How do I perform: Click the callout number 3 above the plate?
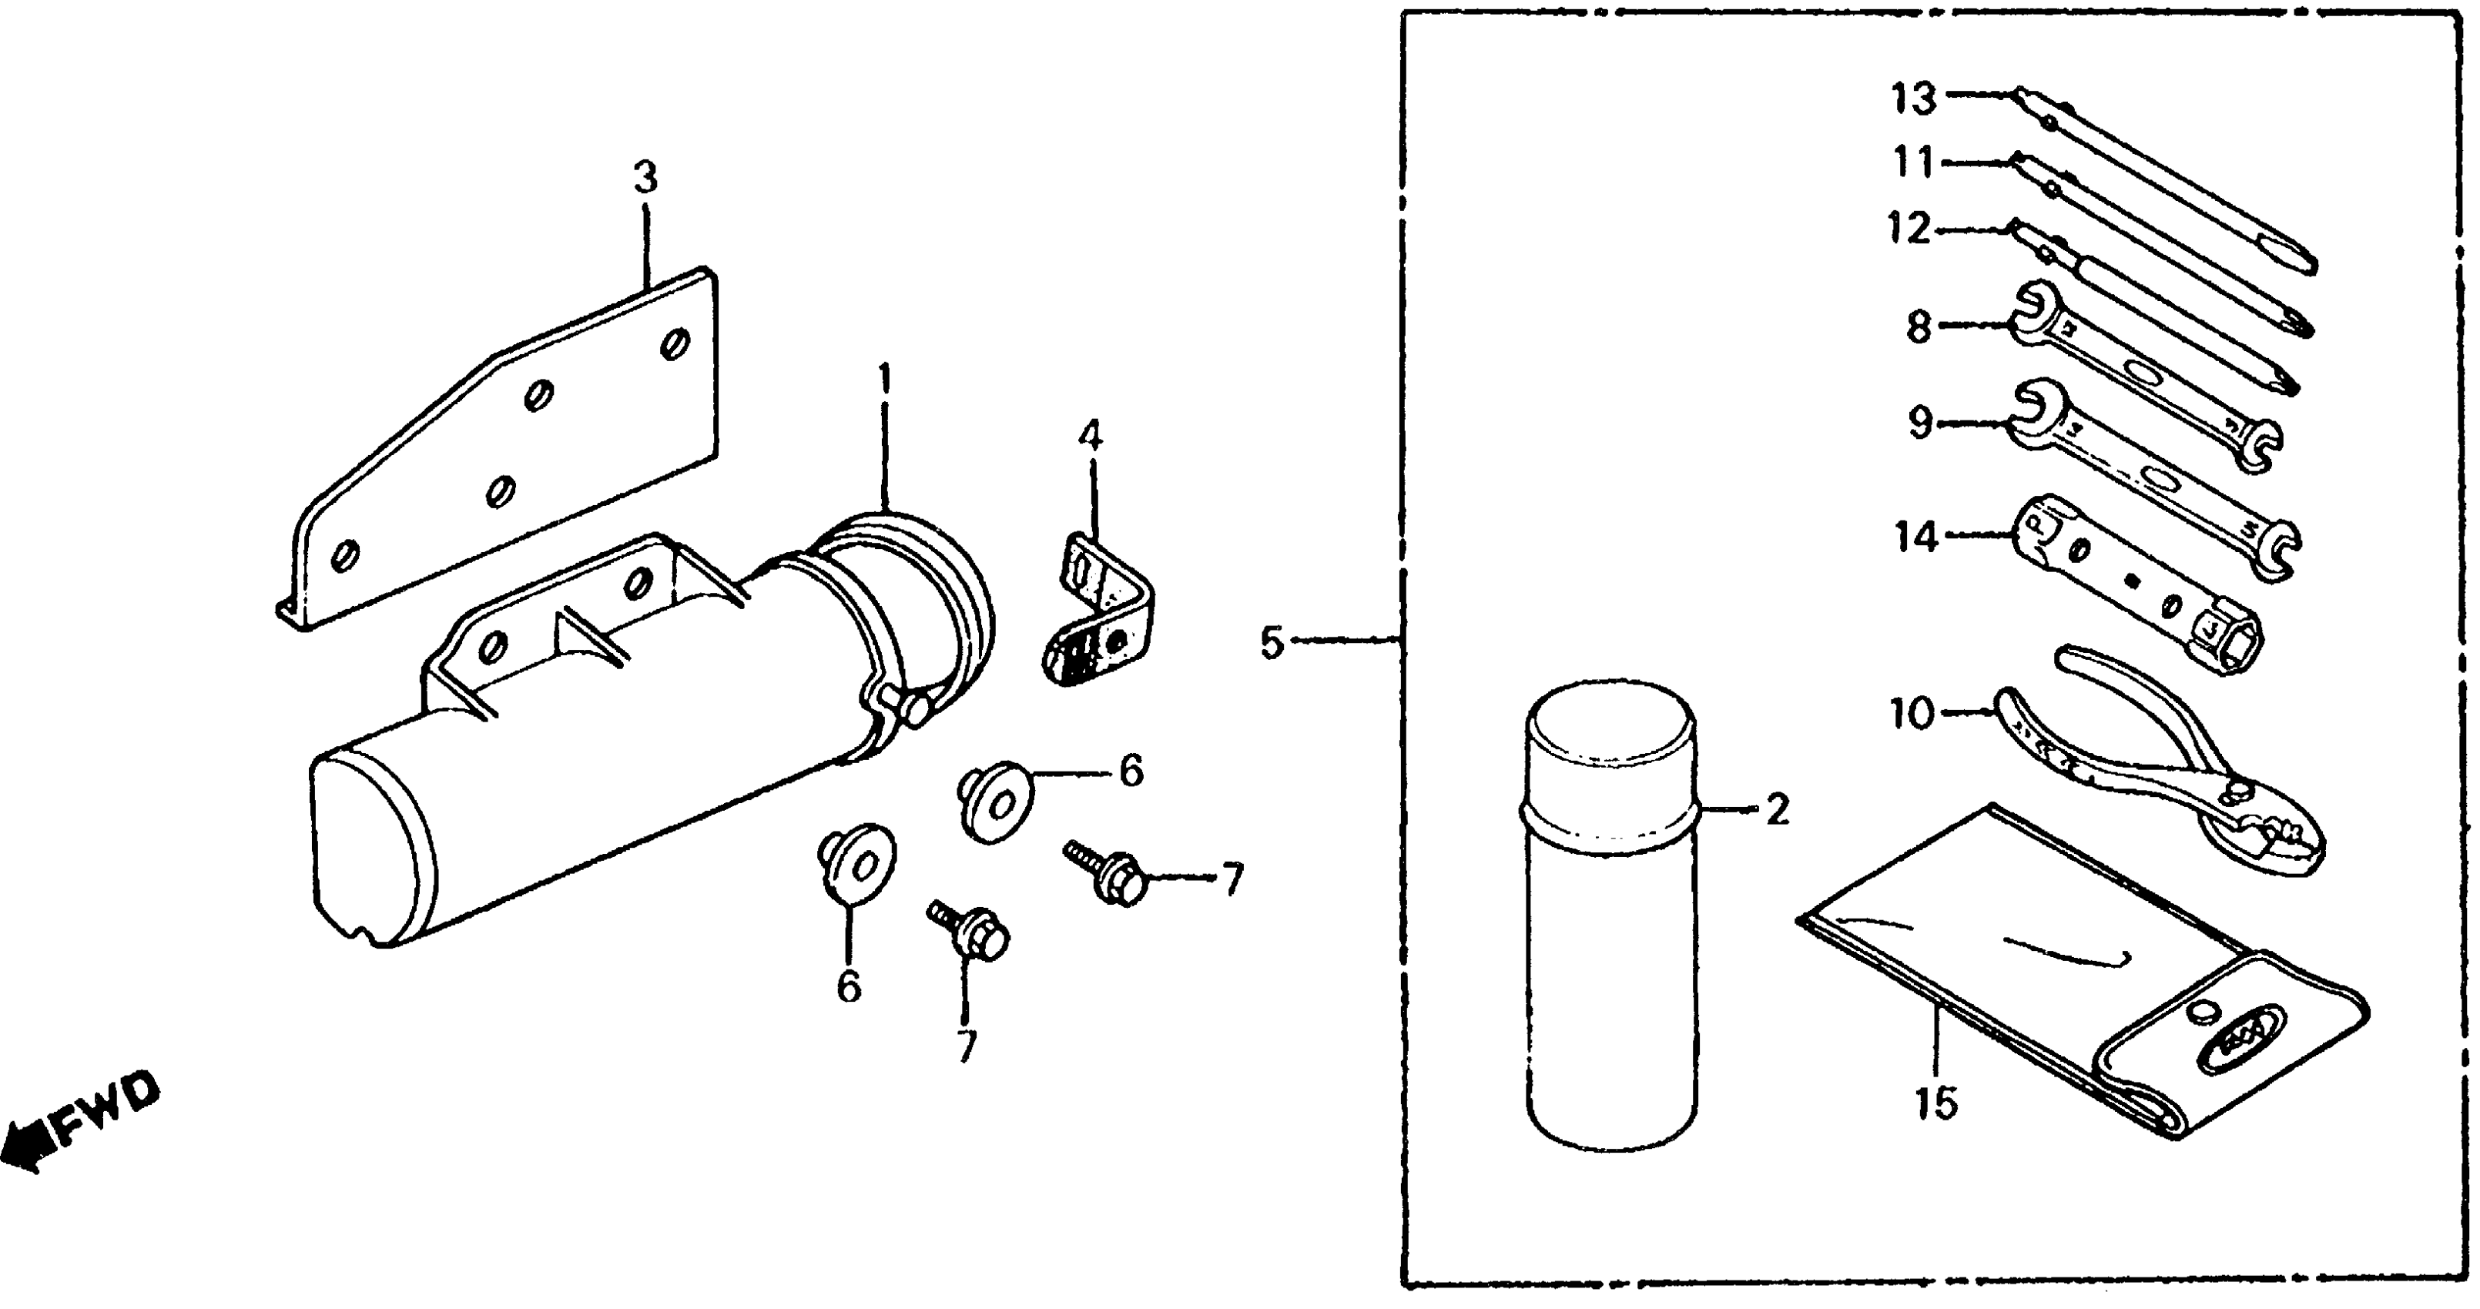645,177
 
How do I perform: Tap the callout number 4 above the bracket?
1089,437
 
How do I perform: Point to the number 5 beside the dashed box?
1272,642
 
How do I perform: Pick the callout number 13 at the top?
1913,99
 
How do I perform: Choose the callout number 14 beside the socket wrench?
1916,535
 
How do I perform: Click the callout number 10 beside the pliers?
1911,715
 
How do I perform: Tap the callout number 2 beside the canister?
1776,810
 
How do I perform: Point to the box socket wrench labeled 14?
2137,587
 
